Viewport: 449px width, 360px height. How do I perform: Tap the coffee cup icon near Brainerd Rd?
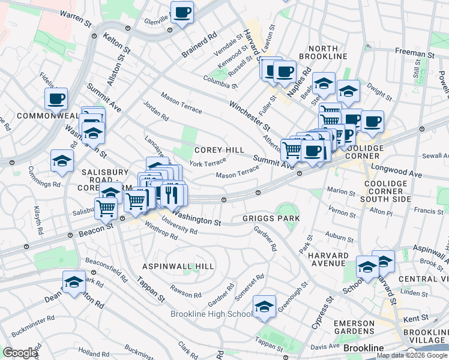181,13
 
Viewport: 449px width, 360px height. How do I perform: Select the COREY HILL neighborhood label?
217,150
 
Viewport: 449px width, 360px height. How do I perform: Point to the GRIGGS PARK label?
271,218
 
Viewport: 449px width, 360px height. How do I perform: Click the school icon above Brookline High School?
264,307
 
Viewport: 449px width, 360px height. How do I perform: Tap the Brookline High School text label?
211,314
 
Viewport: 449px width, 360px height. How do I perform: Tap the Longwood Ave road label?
396,171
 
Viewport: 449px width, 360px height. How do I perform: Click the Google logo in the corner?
20,352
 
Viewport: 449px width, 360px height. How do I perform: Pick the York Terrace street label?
207,163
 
